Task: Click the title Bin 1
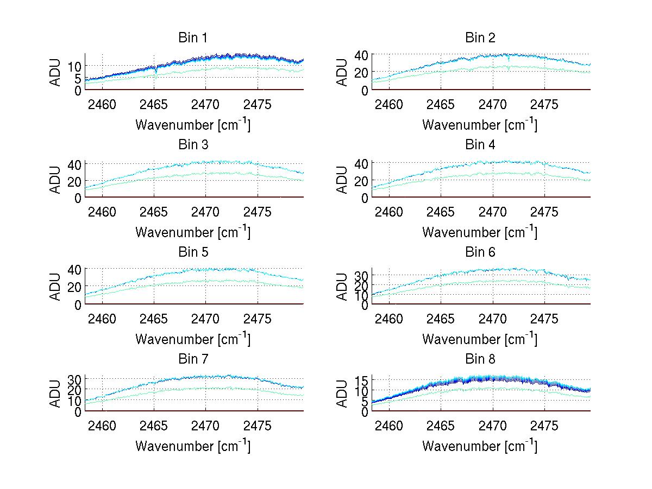pyautogui.click(x=193, y=38)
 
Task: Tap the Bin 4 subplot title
pyautogui.click(x=480, y=145)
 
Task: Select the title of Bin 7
pyautogui.click(x=193, y=359)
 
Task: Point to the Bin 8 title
pyautogui.click(x=480, y=359)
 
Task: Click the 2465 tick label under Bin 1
pyautogui.click(x=154, y=104)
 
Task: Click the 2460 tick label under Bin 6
pyautogui.click(x=389, y=319)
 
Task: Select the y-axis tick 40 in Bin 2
pyautogui.click(x=362, y=54)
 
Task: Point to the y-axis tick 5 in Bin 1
pyautogui.click(x=78, y=78)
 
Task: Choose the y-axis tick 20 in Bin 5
pyautogui.click(x=75, y=287)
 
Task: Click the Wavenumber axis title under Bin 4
pyautogui.click(x=480, y=232)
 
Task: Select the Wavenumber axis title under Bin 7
pyautogui.click(x=193, y=446)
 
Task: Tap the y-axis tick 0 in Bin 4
pyautogui.click(x=365, y=198)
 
